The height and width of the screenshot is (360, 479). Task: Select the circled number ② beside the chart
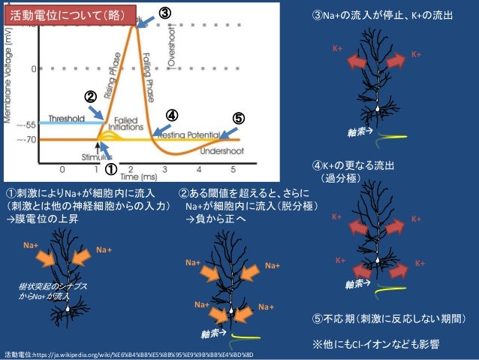(x=89, y=97)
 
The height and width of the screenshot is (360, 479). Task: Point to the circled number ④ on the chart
(x=171, y=115)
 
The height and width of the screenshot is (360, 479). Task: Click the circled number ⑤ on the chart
(x=237, y=118)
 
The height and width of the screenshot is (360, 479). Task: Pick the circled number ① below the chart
(x=109, y=170)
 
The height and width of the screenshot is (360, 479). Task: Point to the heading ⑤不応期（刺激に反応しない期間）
(x=389, y=319)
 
